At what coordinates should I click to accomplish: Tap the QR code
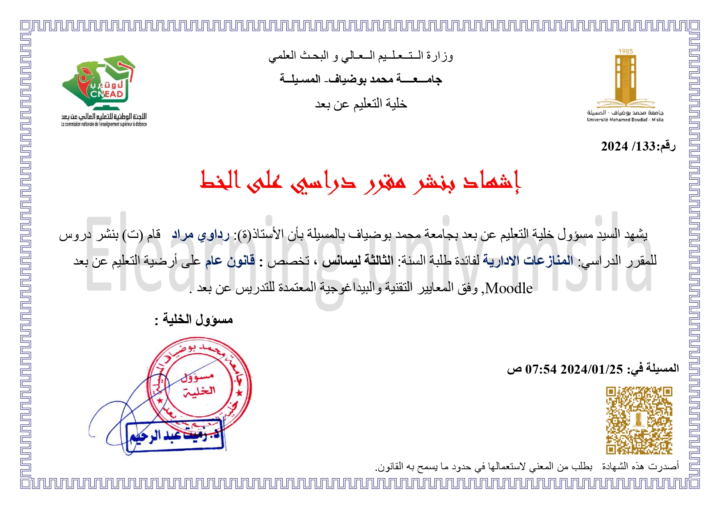[x=639, y=420]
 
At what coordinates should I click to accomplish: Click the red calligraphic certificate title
[x=360, y=181]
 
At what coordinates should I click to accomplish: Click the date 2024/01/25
[x=592, y=369]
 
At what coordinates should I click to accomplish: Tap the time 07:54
[x=541, y=369]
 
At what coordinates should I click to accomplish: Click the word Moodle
[x=509, y=288]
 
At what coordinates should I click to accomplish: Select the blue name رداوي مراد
[x=201, y=235]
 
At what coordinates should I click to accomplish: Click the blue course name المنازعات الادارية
[x=528, y=260]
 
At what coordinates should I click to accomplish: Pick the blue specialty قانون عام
[x=230, y=260]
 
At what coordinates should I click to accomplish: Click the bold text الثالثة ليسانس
[x=357, y=260]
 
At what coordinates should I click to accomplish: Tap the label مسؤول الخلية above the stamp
[x=198, y=319]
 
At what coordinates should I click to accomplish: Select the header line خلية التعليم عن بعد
[x=361, y=104]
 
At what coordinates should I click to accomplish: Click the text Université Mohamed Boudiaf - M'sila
[x=625, y=120]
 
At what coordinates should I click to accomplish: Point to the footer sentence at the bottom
[x=527, y=466]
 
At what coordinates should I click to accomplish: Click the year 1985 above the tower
[x=626, y=51]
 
